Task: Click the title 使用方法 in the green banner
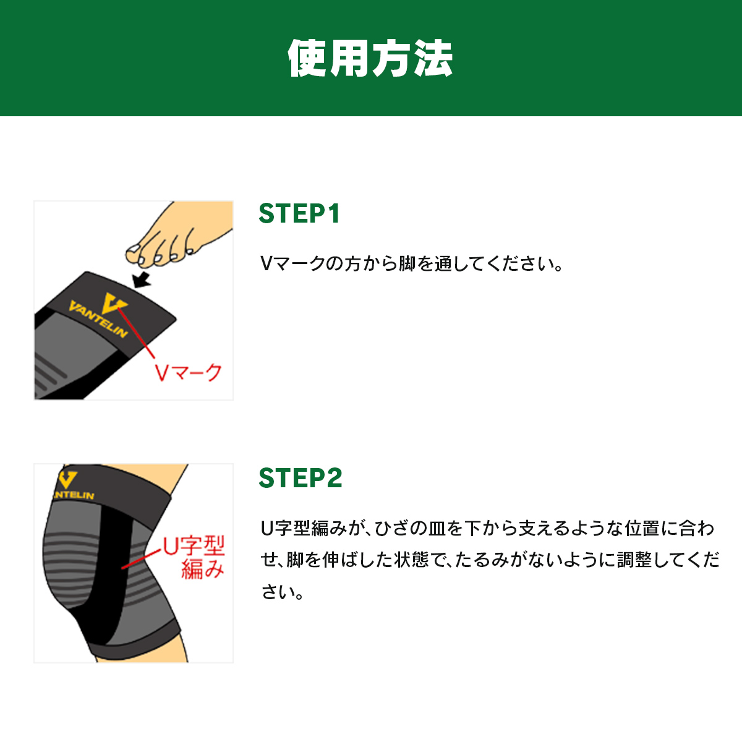pyautogui.click(x=370, y=58)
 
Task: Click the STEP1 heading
pyautogui.click(x=299, y=213)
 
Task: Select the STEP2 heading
pyautogui.click(x=301, y=478)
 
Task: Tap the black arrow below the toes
pyautogui.click(x=142, y=279)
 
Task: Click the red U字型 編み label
pyautogui.click(x=194, y=557)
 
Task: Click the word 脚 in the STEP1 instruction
pyautogui.click(x=407, y=264)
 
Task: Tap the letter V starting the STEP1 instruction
pyautogui.click(x=267, y=264)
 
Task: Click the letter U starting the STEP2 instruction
pyautogui.click(x=267, y=528)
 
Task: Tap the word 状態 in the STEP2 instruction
pyautogui.click(x=411, y=560)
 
